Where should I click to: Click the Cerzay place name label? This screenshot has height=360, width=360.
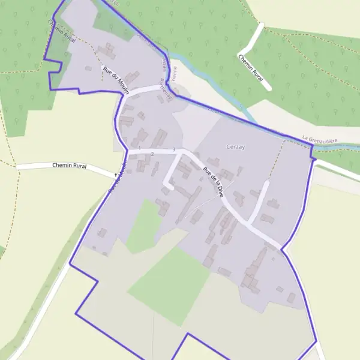pyautogui.click(x=235, y=146)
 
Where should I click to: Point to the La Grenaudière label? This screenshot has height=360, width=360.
pyautogui.click(x=320, y=140)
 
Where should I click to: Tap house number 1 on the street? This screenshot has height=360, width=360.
pyautogui.click(x=139, y=148)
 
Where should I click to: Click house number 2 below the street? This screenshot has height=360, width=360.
pyautogui.click(x=152, y=154)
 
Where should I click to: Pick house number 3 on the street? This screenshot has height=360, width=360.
pyautogui.click(x=173, y=149)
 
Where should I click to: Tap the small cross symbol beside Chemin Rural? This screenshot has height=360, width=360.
pyautogui.click(x=115, y=175)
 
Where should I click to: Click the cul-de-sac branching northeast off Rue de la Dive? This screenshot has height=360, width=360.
pyautogui.click(x=259, y=201)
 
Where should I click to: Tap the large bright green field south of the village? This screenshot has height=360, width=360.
pyautogui.click(x=169, y=285)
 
